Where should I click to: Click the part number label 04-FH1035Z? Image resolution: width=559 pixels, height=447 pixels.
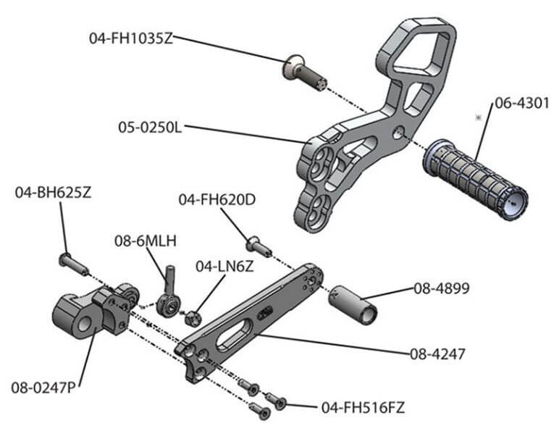pyautogui.click(x=131, y=38)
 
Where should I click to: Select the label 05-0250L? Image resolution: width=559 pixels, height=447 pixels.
pyautogui.click(x=150, y=128)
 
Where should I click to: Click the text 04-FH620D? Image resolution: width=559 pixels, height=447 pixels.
pyautogui.click(x=217, y=199)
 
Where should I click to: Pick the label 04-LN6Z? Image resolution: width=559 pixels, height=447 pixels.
pyautogui.click(x=224, y=267)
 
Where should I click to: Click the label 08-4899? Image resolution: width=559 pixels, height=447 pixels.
pyautogui.click(x=442, y=288)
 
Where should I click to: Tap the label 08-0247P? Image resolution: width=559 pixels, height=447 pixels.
pyautogui.click(x=43, y=387)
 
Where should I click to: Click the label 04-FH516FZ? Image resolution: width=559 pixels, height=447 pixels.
pyautogui.click(x=362, y=408)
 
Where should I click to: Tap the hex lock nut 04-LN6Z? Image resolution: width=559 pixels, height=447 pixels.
pyautogui.click(x=193, y=317)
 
